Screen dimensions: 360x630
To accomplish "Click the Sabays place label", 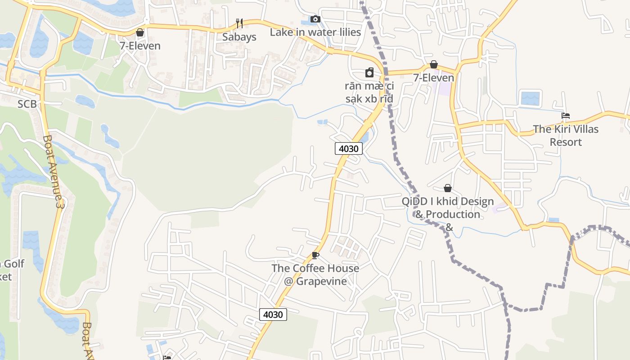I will click(x=239, y=37).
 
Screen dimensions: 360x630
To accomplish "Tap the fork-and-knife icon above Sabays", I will click(x=239, y=23).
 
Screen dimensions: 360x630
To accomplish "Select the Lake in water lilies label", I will click(x=315, y=32).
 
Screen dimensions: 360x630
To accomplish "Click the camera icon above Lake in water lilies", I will click(x=315, y=19).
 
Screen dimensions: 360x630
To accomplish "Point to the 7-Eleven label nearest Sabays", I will click(x=140, y=46).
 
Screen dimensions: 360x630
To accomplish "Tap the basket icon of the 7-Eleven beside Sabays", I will click(x=140, y=32).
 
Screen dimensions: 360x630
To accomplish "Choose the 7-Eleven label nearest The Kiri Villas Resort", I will click(x=434, y=78).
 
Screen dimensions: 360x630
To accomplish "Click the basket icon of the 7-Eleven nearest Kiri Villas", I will click(x=434, y=64).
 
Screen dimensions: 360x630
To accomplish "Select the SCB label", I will click(x=27, y=104).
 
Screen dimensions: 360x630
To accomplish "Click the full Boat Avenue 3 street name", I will click(x=53, y=171).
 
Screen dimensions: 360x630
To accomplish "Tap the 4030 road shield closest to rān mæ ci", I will click(x=349, y=148).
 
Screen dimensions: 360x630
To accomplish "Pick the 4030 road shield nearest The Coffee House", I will click(x=273, y=315).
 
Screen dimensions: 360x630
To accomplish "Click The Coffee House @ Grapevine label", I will click(x=315, y=275).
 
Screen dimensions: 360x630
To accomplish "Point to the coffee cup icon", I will click(x=315, y=256).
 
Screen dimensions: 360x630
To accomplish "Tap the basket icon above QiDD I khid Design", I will click(x=448, y=188).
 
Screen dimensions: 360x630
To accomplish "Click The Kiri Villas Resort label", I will click(x=566, y=135).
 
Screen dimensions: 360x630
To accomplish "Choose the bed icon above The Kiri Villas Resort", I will click(x=566, y=116).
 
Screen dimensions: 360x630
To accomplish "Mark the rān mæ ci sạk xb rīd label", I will click(x=369, y=92).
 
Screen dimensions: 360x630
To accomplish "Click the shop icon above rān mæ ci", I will click(x=369, y=72).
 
